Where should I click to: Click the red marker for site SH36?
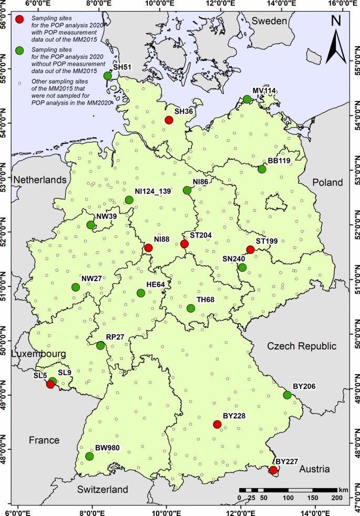click(x=169, y=120)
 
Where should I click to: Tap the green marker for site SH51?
click(x=108, y=76)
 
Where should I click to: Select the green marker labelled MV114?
click(x=247, y=99)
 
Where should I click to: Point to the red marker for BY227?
click(x=273, y=470)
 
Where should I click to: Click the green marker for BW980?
click(x=89, y=456)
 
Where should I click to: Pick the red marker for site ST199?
click(x=250, y=250)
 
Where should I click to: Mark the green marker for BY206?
click(x=287, y=395)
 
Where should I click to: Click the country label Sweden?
click(x=270, y=21)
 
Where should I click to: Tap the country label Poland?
click(x=327, y=182)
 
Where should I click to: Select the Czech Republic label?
click(x=301, y=346)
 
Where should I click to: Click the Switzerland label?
click(x=102, y=490)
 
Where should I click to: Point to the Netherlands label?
click(x=40, y=180)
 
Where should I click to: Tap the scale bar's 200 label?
click(x=335, y=498)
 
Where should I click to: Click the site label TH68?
click(x=206, y=300)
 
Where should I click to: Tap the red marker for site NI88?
click(x=148, y=248)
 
